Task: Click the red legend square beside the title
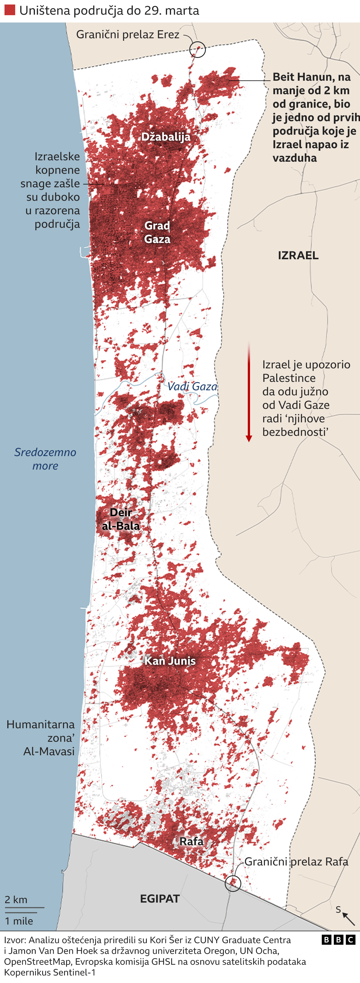(10, 10)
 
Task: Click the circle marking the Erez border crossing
(197, 49)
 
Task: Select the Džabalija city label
(166, 137)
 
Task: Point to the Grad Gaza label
(157, 232)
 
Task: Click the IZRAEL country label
(298, 255)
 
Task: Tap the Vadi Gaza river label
(192, 387)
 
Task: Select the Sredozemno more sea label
(45, 459)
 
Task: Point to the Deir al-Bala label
(121, 519)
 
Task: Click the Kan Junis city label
(170, 660)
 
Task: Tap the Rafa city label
(191, 841)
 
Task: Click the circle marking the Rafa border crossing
(233, 883)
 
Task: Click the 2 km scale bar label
(16, 899)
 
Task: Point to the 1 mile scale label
(19, 921)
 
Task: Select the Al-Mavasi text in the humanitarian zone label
(49, 751)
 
